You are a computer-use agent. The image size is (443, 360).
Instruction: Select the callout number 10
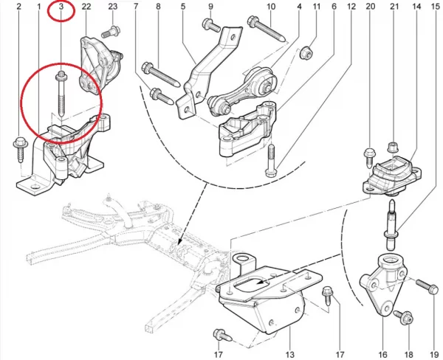coord(270,8)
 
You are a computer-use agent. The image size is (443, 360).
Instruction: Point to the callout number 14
coord(416,8)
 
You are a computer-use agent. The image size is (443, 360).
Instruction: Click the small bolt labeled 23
coord(111,30)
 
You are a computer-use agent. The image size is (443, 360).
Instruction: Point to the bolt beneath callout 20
coord(370,156)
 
